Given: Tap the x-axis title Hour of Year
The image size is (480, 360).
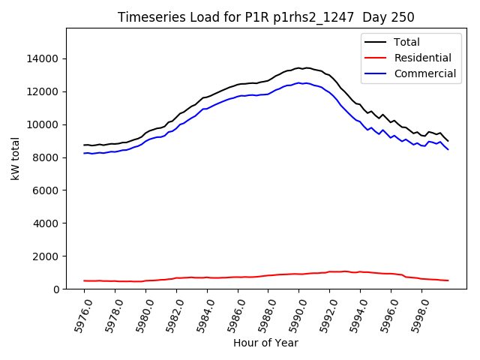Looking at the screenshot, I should pos(265,343).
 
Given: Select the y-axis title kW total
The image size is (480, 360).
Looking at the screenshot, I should pos(15,159).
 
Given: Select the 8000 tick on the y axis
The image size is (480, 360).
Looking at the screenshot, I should pos(46,157).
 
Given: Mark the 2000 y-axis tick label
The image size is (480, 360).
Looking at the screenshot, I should pos(46,256).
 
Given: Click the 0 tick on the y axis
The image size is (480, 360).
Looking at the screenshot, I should pos(56,289).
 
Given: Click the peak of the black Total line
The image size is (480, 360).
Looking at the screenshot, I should pos(299,67).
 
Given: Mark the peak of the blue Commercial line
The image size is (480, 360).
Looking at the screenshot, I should pos(299,82).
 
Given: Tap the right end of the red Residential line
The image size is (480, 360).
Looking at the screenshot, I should pos(448,280).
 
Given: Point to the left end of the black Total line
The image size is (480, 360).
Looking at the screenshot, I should pos(84,145).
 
